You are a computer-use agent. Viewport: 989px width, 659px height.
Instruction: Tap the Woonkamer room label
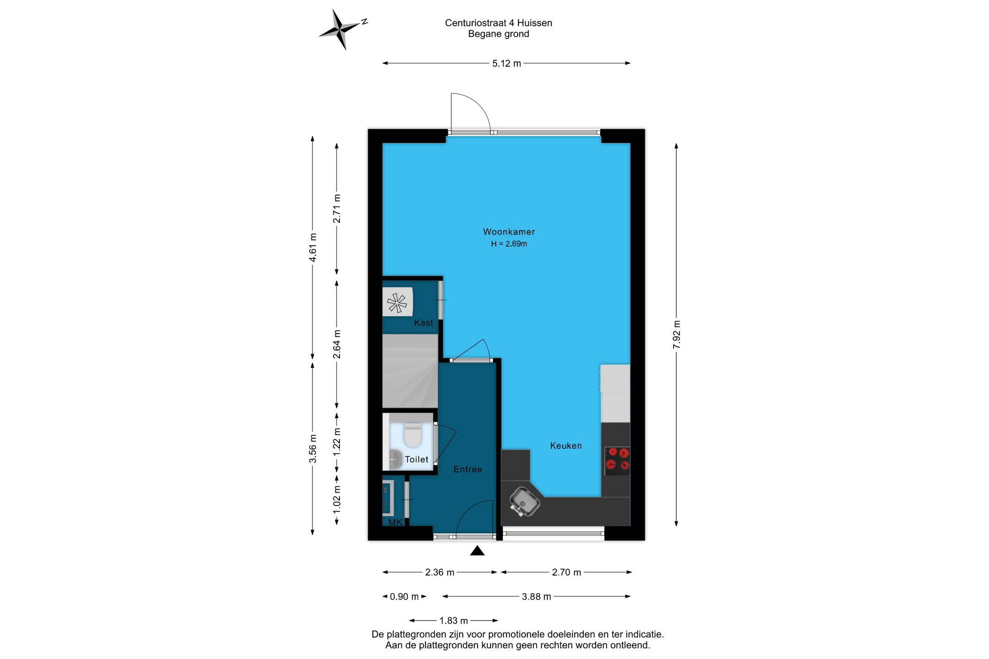pos(509,232)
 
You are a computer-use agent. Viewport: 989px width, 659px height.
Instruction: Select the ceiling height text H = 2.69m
pos(509,244)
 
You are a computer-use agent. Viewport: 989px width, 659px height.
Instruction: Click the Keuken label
pos(565,446)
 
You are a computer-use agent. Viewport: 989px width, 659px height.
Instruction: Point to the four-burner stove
pos(617,460)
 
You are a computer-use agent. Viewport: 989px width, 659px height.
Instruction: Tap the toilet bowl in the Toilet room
pos(413,434)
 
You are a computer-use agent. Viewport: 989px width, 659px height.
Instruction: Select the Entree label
pos(467,470)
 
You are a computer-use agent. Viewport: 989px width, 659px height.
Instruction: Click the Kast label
pos(423,323)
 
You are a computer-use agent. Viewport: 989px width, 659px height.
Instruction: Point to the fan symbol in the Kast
pos(397,303)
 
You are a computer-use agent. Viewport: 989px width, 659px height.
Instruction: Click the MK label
pos(395,522)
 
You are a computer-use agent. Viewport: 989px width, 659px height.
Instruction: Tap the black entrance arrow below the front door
pos(477,551)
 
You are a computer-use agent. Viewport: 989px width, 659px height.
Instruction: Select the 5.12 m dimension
pos(506,64)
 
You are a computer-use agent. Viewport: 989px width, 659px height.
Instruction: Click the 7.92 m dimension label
pos(677,335)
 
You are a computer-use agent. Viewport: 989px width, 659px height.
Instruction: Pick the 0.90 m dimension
pos(404,597)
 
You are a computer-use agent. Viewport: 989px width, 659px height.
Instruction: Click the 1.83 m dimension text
pos(454,621)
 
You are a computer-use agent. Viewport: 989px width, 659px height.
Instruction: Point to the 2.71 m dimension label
pos(337,208)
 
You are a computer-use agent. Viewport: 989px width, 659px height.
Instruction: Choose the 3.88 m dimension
pos(537,597)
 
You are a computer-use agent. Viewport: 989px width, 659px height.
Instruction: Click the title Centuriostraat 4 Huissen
pos(499,23)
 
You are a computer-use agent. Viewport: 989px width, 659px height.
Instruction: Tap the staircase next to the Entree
pos(410,371)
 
